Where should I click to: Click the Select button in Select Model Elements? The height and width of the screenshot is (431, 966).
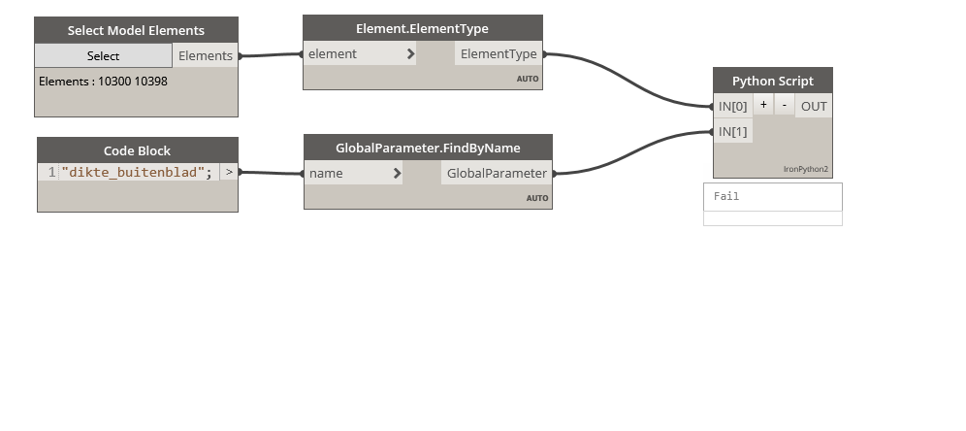coord(103,55)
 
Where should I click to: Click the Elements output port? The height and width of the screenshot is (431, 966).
coord(206,55)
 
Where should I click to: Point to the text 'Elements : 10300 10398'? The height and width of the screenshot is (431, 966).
coord(103,82)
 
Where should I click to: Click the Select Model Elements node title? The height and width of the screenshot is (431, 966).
coord(136,30)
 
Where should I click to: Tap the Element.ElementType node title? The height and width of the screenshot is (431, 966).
coord(422,28)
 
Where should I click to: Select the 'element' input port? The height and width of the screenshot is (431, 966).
coord(360,54)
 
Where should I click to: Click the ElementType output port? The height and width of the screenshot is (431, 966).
coord(499,54)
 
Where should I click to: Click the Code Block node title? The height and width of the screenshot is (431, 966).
coord(137,150)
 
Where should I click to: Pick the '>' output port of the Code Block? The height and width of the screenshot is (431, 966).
coord(229,173)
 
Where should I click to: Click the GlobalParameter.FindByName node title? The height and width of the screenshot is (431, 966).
coord(428,148)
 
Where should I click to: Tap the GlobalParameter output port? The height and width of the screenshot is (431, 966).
coord(497,174)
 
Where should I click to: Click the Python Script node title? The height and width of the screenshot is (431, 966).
coord(772,81)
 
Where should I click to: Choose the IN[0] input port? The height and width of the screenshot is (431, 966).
coord(733,106)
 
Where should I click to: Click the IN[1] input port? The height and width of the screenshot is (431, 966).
coord(733,131)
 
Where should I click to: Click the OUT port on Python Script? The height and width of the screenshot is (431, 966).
coord(814,106)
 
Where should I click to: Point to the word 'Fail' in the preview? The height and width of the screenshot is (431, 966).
coord(726,196)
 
